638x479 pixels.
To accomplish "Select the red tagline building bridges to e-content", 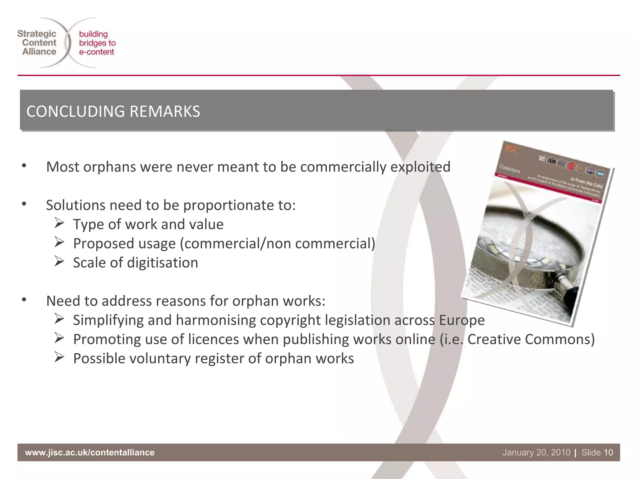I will point(97,43).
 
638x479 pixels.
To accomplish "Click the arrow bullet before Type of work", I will point(59,224).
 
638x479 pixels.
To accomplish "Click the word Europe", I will point(462,320).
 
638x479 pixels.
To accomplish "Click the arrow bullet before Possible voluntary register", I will point(59,357).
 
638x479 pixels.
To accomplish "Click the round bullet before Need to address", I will point(24,300).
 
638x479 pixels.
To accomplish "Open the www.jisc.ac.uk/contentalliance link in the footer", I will point(90,452).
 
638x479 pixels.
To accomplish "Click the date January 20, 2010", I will point(536,452).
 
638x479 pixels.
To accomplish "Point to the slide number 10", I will point(608,452).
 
